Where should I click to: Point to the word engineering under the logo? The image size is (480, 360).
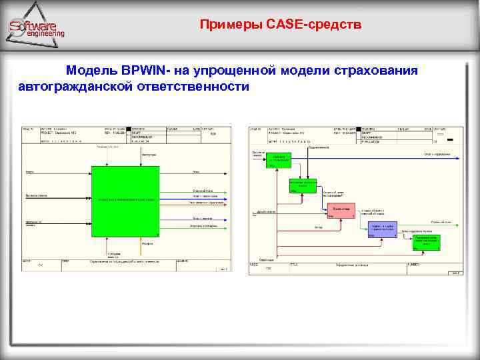46,34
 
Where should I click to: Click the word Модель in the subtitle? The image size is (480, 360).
91,71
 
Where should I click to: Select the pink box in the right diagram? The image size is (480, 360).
341,211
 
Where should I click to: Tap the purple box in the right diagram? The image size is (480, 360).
382,229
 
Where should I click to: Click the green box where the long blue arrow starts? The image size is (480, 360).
278,160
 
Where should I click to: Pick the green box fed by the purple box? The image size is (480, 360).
425,241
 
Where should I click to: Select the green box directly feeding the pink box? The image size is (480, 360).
303,185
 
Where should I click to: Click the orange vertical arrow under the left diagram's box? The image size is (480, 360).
141,247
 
